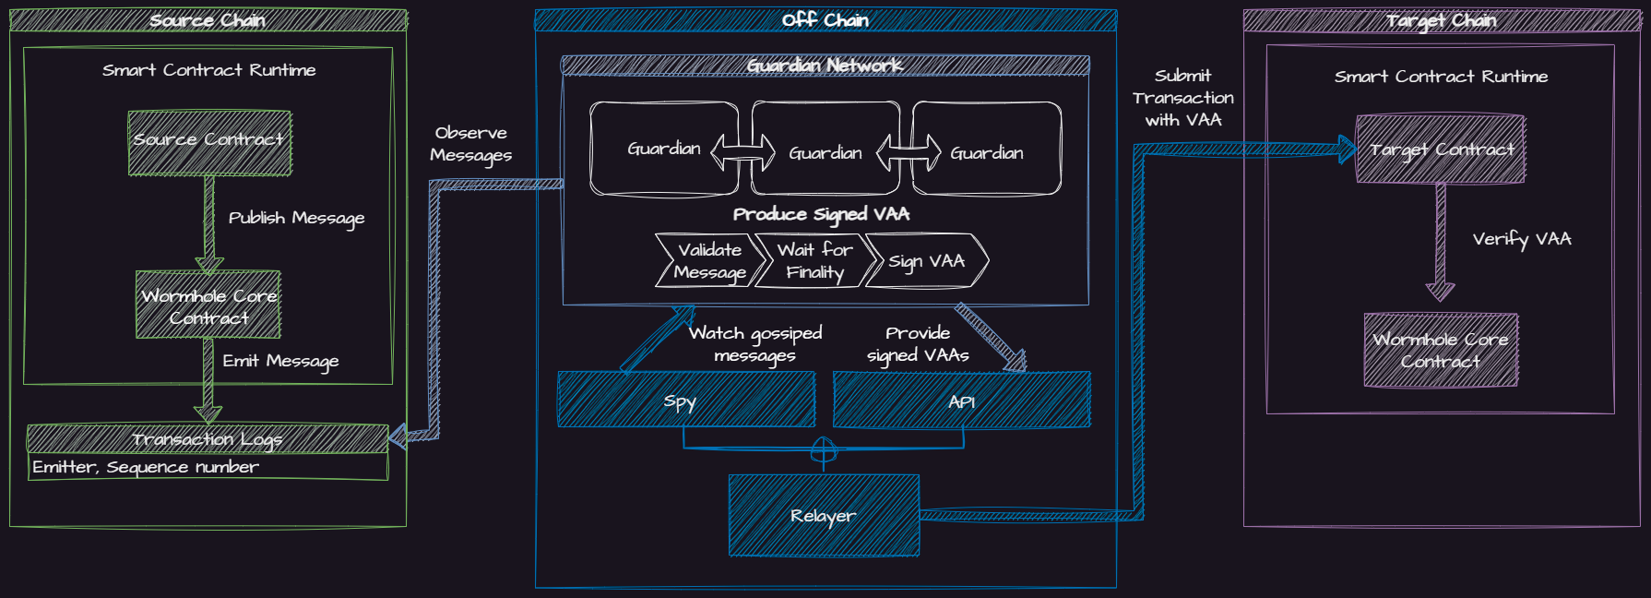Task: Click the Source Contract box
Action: click(x=209, y=143)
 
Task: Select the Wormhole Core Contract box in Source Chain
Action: click(x=208, y=305)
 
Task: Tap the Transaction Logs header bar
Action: click(x=208, y=438)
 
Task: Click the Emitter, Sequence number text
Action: click(x=146, y=467)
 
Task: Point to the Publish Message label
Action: click(x=296, y=218)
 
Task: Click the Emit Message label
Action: click(x=280, y=361)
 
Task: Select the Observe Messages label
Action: click(x=470, y=144)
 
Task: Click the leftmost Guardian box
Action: click(x=663, y=149)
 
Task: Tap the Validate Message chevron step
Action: click(x=709, y=260)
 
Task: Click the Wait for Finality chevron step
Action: click(x=814, y=260)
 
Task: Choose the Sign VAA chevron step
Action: click(x=926, y=261)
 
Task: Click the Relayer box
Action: click(x=824, y=515)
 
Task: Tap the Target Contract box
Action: click(x=1441, y=149)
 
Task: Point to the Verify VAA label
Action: click(x=1522, y=239)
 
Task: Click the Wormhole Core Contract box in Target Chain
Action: click(x=1441, y=350)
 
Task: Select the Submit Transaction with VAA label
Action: click(x=1183, y=98)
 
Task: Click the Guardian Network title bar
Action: click(x=825, y=65)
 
